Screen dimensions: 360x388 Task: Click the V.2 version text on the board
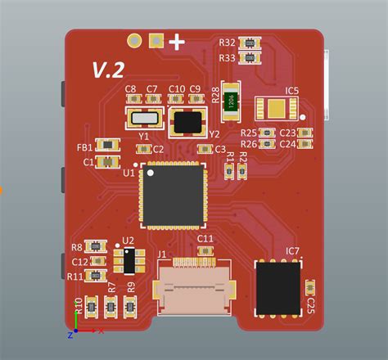click(106, 70)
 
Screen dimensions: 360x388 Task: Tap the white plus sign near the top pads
click(176, 41)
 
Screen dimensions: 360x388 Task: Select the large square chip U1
click(173, 194)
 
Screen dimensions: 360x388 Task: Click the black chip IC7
click(278, 286)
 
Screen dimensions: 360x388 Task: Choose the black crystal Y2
click(188, 121)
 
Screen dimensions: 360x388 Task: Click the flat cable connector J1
click(198, 290)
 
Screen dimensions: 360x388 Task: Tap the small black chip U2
click(128, 261)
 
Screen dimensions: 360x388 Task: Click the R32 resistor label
click(228, 43)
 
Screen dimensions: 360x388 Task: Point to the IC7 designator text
click(292, 250)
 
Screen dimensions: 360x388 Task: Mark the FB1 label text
click(84, 147)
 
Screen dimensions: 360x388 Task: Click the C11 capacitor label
click(205, 239)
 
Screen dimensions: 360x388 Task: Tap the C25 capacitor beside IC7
click(309, 287)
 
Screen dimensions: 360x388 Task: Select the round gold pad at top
click(133, 40)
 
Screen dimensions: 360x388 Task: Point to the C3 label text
click(219, 150)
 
